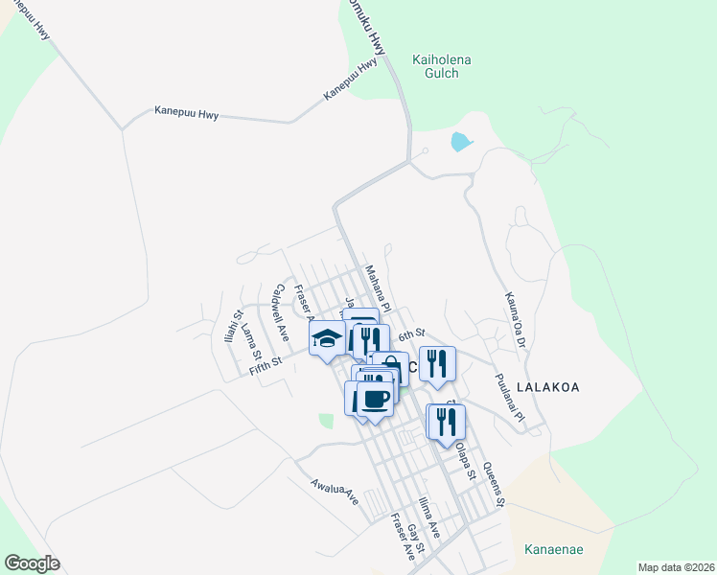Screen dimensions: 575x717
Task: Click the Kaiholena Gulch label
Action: tap(441, 66)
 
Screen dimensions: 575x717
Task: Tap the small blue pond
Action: tap(461, 143)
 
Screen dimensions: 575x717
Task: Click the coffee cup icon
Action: tap(375, 398)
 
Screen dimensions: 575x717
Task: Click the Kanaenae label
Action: tap(554, 550)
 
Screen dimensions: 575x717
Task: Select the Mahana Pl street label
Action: tap(377, 283)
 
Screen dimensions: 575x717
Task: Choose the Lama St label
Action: tap(251, 338)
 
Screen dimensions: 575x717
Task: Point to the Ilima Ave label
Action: tap(428, 517)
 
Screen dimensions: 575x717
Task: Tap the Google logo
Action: tap(32, 563)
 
